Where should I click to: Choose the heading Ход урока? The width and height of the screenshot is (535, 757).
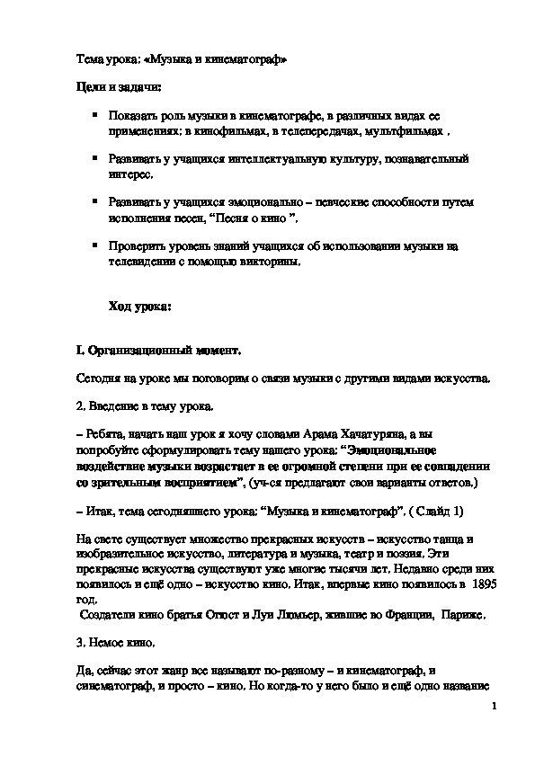click(x=139, y=307)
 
